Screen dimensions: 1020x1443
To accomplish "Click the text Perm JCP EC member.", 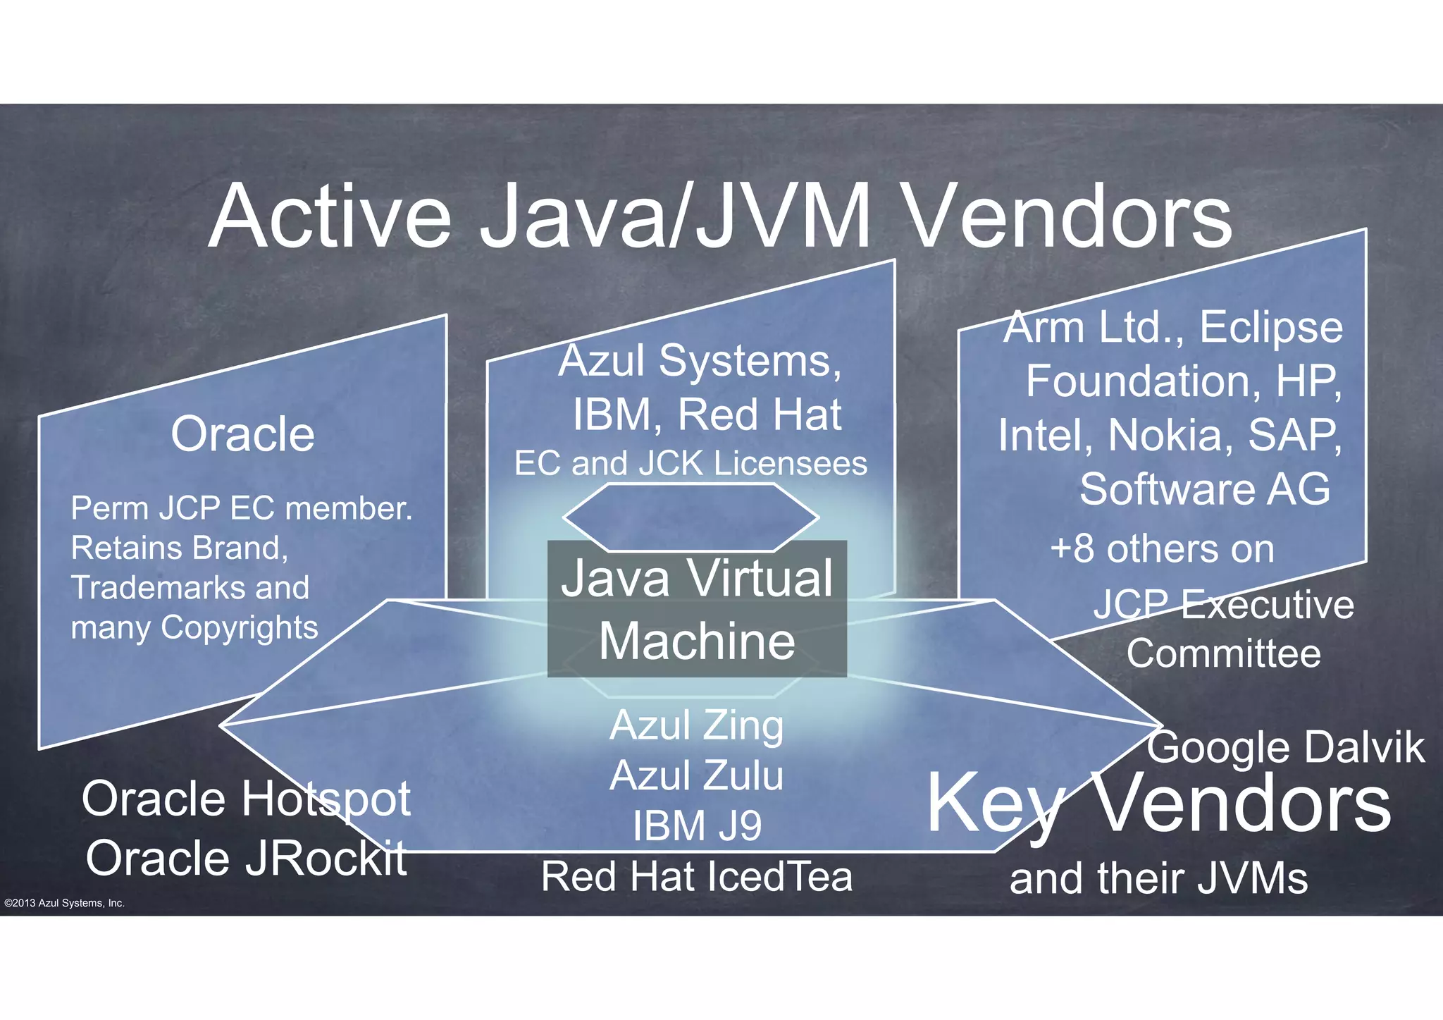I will pyautogui.click(x=242, y=508).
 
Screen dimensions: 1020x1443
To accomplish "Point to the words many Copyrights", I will pyautogui.click(x=194, y=627).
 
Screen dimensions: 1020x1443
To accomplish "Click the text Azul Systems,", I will pyautogui.click(x=700, y=361).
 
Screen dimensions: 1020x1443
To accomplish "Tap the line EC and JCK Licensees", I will pyautogui.click(x=690, y=464).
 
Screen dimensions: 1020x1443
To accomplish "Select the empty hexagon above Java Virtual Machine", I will pyautogui.click(x=690, y=517).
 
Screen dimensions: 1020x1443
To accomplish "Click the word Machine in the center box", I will pyautogui.click(x=697, y=641).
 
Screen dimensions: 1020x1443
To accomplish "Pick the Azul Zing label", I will pyautogui.click(x=696, y=725).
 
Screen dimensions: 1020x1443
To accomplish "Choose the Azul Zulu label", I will pyautogui.click(x=696, y=775).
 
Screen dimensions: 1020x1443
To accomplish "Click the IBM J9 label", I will pyautogui.click(x=696, y=825).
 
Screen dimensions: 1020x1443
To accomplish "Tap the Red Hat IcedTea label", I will pyautogui.click(x=696, y=876).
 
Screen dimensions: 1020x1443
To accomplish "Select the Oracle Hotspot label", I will pyautogui.click(x=246, y=799).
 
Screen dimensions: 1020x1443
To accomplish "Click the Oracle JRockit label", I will pyautogui.click(x=246, y=858).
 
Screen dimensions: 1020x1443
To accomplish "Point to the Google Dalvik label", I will pyautogui.click(x=1286, y=747).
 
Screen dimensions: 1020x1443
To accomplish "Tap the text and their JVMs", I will pyautogui.click(x=1158, y=878).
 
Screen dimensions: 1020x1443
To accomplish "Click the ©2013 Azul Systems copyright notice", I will pyautogui.click(x=64, y=903).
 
